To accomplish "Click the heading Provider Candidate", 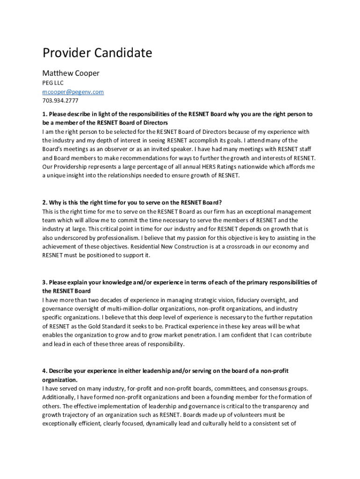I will point(97,53).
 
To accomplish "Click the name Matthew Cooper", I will point(71,73).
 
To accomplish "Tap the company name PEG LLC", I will point(53,83).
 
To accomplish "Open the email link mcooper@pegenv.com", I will point(73,92).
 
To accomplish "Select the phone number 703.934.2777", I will point(60,101).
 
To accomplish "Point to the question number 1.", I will point(44,114).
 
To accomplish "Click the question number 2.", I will point(44,203).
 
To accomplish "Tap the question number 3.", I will point(44,283).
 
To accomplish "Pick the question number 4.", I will point(44,371).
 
